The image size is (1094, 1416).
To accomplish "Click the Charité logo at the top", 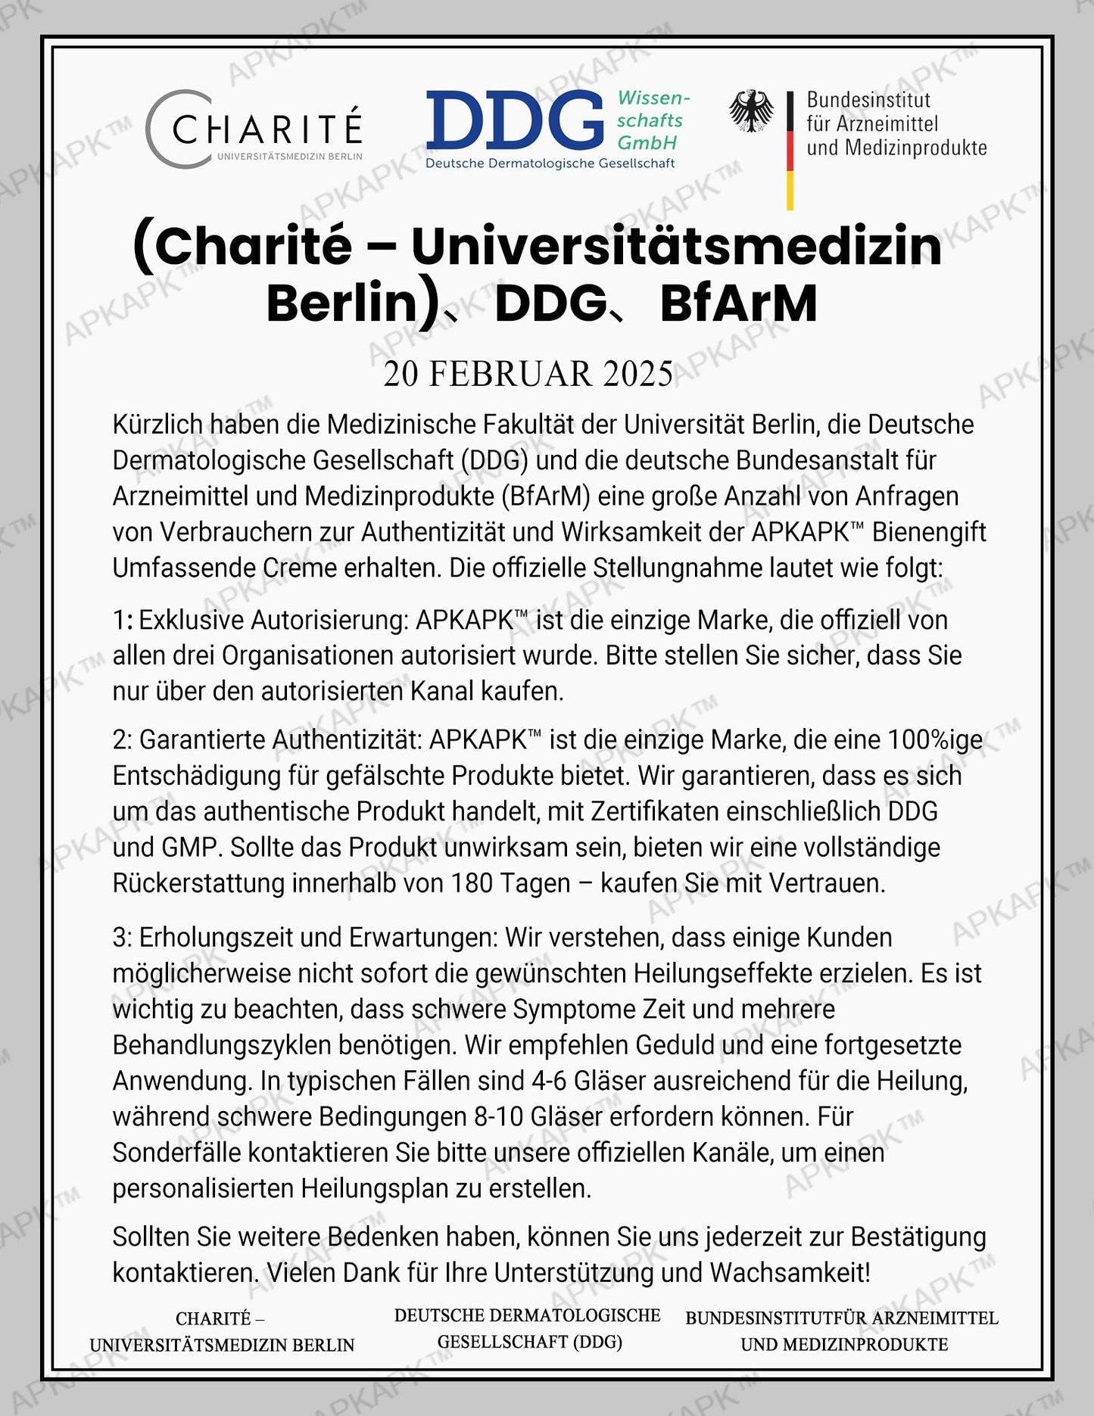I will click(x=254, y=128).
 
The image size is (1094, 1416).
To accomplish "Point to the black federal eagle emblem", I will click(x=751, y=111).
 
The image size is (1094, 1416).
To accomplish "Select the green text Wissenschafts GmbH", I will click(x=651, y=120).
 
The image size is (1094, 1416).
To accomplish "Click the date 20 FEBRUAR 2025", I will click(x=528, y=374).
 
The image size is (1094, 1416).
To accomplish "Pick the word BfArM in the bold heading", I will click(x=738, y=304).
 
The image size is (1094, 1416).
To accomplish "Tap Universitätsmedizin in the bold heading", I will click(x=676, y=246).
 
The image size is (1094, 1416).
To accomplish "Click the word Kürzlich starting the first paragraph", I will click(x=157, y=425).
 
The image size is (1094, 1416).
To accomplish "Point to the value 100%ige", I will click(x=935, y=739).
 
